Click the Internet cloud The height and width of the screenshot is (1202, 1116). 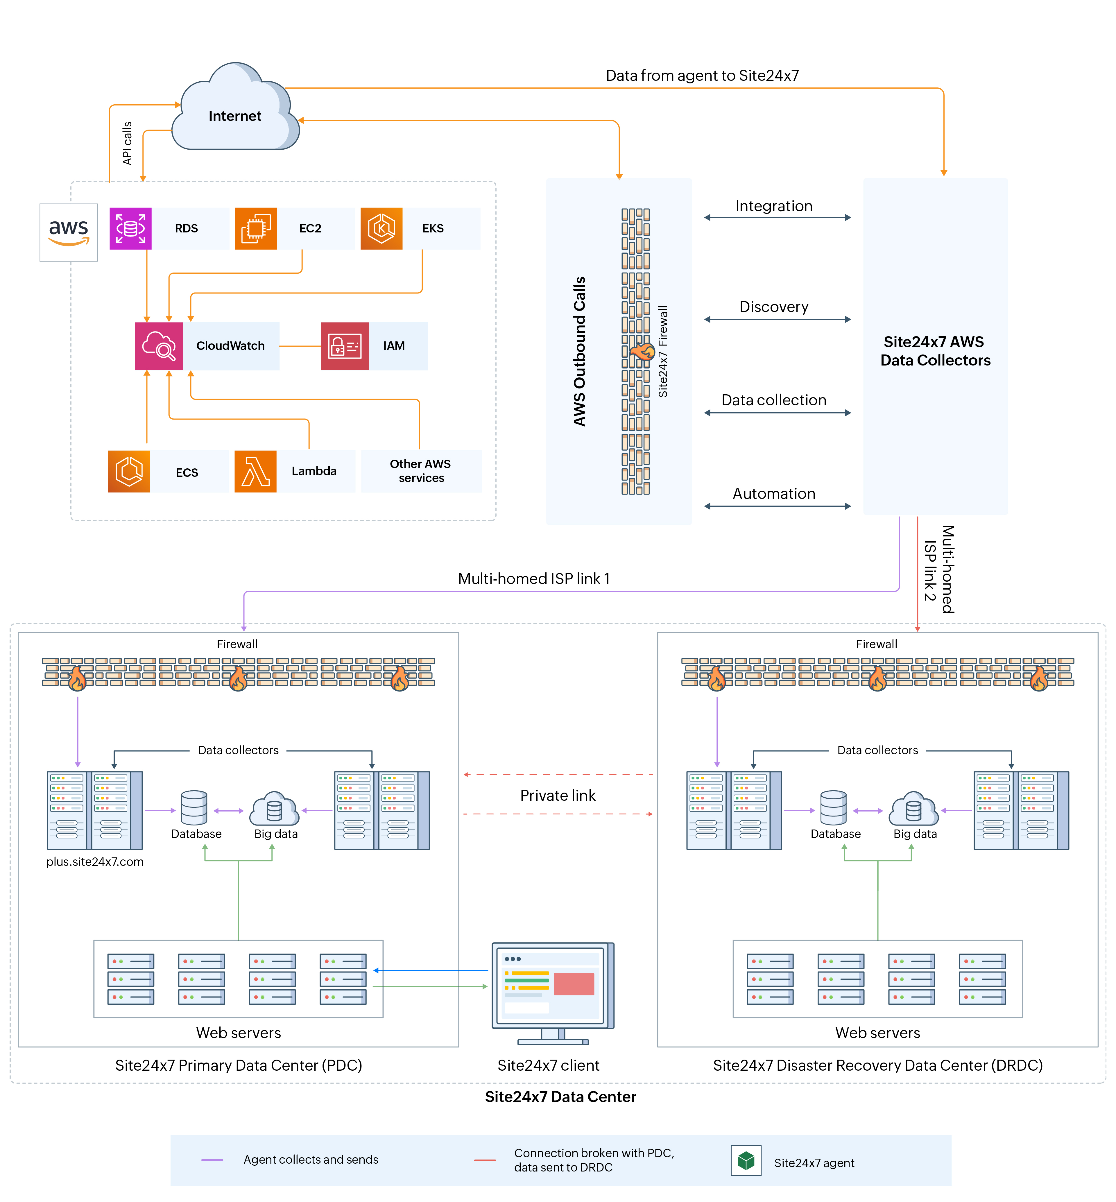235,112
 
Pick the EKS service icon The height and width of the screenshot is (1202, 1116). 381,228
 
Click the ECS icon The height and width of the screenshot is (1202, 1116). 129,471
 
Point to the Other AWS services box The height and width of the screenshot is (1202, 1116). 421,471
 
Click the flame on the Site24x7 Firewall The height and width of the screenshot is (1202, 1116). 642,351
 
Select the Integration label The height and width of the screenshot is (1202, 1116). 774,206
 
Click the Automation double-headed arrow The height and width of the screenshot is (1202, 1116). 777,506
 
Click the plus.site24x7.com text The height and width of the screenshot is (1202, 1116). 95,861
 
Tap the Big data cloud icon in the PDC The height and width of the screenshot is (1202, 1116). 275,808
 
